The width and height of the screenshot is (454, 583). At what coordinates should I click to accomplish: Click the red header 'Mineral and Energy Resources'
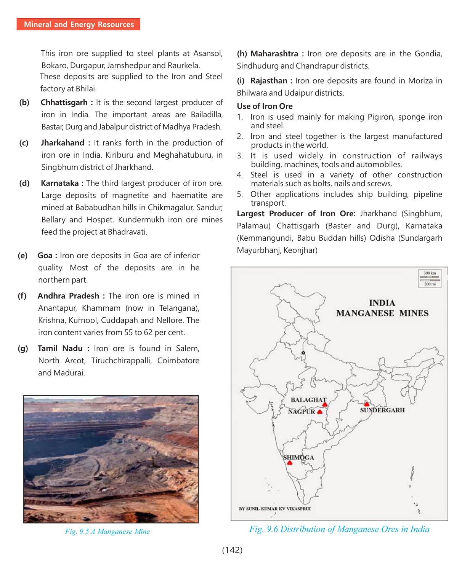point(79,24)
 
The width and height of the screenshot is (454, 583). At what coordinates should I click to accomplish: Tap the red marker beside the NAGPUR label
point(320,412)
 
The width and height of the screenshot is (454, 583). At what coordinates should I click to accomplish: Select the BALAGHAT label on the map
point(308,400)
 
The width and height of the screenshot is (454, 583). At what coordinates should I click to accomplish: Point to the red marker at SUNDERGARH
point(367,404)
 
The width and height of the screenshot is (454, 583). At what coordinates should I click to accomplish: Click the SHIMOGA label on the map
point(298,457)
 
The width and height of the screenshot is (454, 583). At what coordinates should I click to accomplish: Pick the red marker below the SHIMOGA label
point(290,463)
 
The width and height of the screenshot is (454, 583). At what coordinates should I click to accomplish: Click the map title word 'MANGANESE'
point(365,313)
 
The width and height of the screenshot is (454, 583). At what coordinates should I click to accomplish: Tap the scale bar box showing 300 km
point(430,278)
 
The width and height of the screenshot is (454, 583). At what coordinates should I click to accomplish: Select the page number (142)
point(232,550)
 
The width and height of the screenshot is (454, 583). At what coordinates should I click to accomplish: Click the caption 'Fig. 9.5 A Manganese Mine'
point(107,532)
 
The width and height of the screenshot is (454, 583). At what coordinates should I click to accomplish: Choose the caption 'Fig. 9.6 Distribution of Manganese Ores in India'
point(339,529)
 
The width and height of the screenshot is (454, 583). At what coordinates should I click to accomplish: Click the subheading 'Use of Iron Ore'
point(265,106)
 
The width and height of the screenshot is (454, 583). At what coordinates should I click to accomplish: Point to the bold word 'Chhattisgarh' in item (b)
point(64,102)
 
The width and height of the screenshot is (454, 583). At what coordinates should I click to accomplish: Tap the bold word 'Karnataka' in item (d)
point(59,183)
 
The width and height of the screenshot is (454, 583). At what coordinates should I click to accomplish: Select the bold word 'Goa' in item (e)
point(45,256)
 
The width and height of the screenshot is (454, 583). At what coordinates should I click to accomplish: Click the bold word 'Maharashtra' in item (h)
point(274,54)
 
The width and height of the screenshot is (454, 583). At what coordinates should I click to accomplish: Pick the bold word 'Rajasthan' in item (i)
point(269,81)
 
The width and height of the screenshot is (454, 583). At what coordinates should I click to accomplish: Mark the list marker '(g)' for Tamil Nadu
point(23,348)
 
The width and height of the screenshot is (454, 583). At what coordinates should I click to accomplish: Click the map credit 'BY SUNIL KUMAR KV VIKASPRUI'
point(274,509)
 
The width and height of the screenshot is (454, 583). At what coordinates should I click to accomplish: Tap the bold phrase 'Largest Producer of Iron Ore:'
point(296,214)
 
